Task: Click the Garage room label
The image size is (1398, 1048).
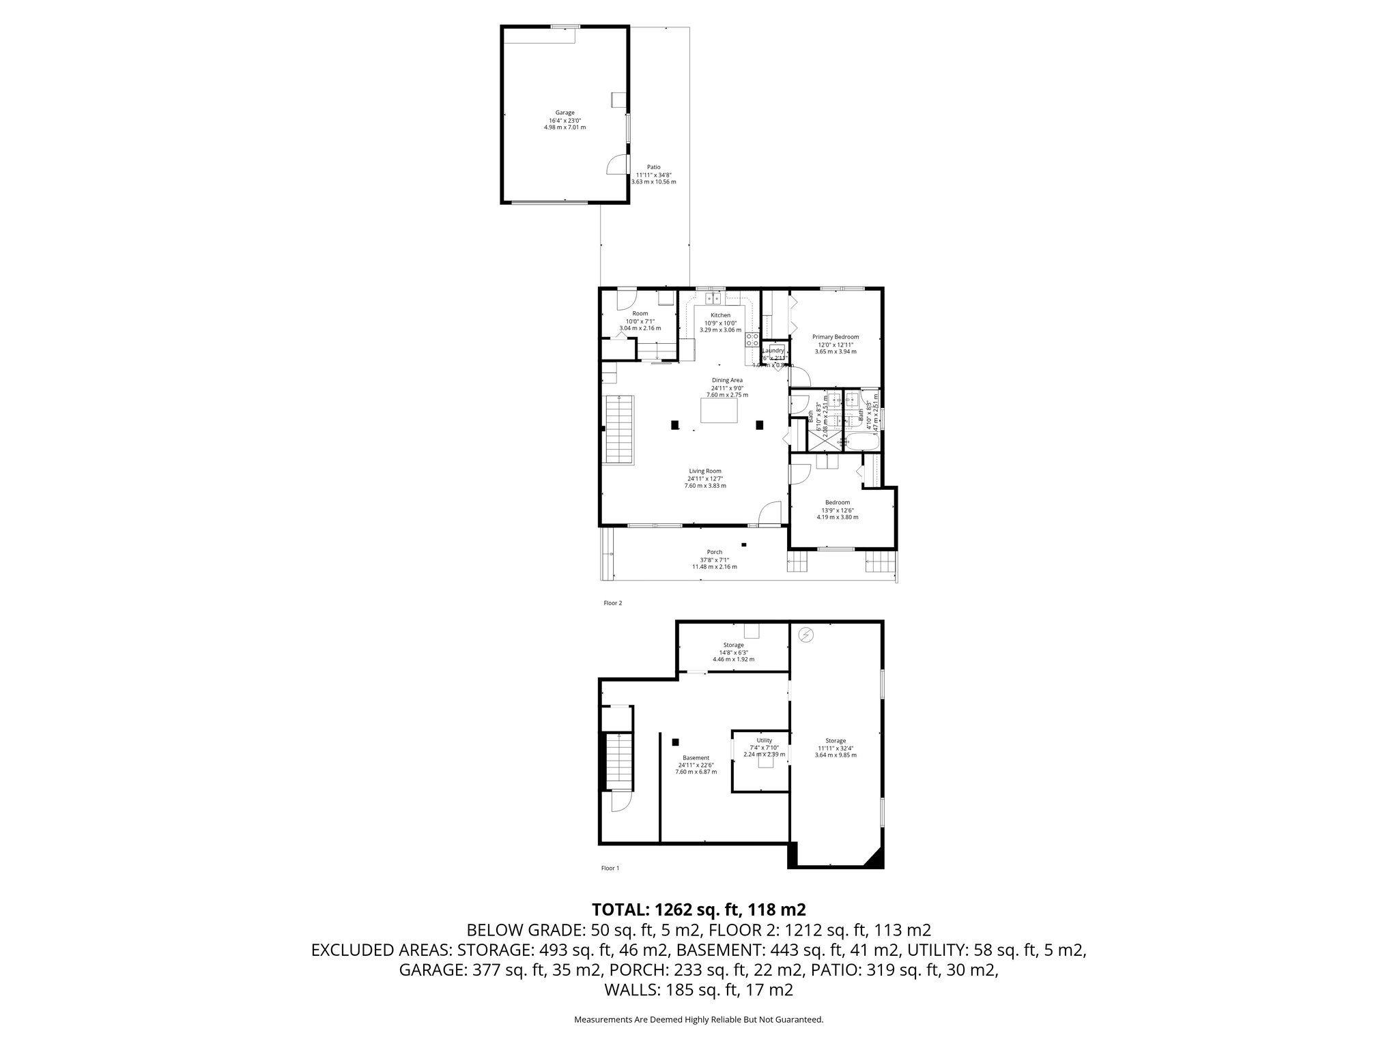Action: (x=565, y=113)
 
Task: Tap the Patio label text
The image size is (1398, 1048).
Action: (x=653, y=167)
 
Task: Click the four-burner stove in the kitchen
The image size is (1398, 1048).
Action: (x=752, y=339)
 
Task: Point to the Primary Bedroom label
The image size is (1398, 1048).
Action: (x=835, y=337)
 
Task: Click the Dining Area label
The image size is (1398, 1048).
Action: (x=727, y=380)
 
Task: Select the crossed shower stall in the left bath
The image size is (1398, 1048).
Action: (x=825, y=441)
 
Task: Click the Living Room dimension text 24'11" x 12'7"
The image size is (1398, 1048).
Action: (x=704, y=478)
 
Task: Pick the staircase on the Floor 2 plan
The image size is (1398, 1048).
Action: (x=620, y=430)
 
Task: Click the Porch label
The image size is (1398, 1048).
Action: (x=714, y=552)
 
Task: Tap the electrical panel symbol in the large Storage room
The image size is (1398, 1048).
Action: (x=807, y=636)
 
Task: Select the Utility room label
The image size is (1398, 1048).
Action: (x=764, y=740)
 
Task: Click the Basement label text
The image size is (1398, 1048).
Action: (x=696, y=757)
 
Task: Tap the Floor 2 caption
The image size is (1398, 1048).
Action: (x=612, y=603)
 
